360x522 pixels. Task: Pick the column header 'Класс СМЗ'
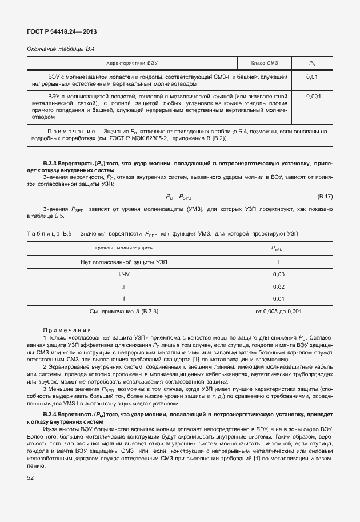point(264,62)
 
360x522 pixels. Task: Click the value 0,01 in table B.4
point(313,76)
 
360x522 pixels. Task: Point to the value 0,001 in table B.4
point(313,97)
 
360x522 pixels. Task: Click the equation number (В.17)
point(325,197)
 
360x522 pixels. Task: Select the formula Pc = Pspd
point(180,197)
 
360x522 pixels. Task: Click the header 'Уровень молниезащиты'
point(123,248)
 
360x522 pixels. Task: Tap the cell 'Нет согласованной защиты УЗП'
point(123,261)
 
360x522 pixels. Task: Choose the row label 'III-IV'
point(123,274)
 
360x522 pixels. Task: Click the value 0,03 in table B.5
point(278,274)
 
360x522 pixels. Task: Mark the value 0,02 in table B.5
point(278,286)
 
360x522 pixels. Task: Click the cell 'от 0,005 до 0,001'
point(278,311)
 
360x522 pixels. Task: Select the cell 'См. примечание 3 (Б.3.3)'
point(123,311)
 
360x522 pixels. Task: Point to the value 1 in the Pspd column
point(278,261)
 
